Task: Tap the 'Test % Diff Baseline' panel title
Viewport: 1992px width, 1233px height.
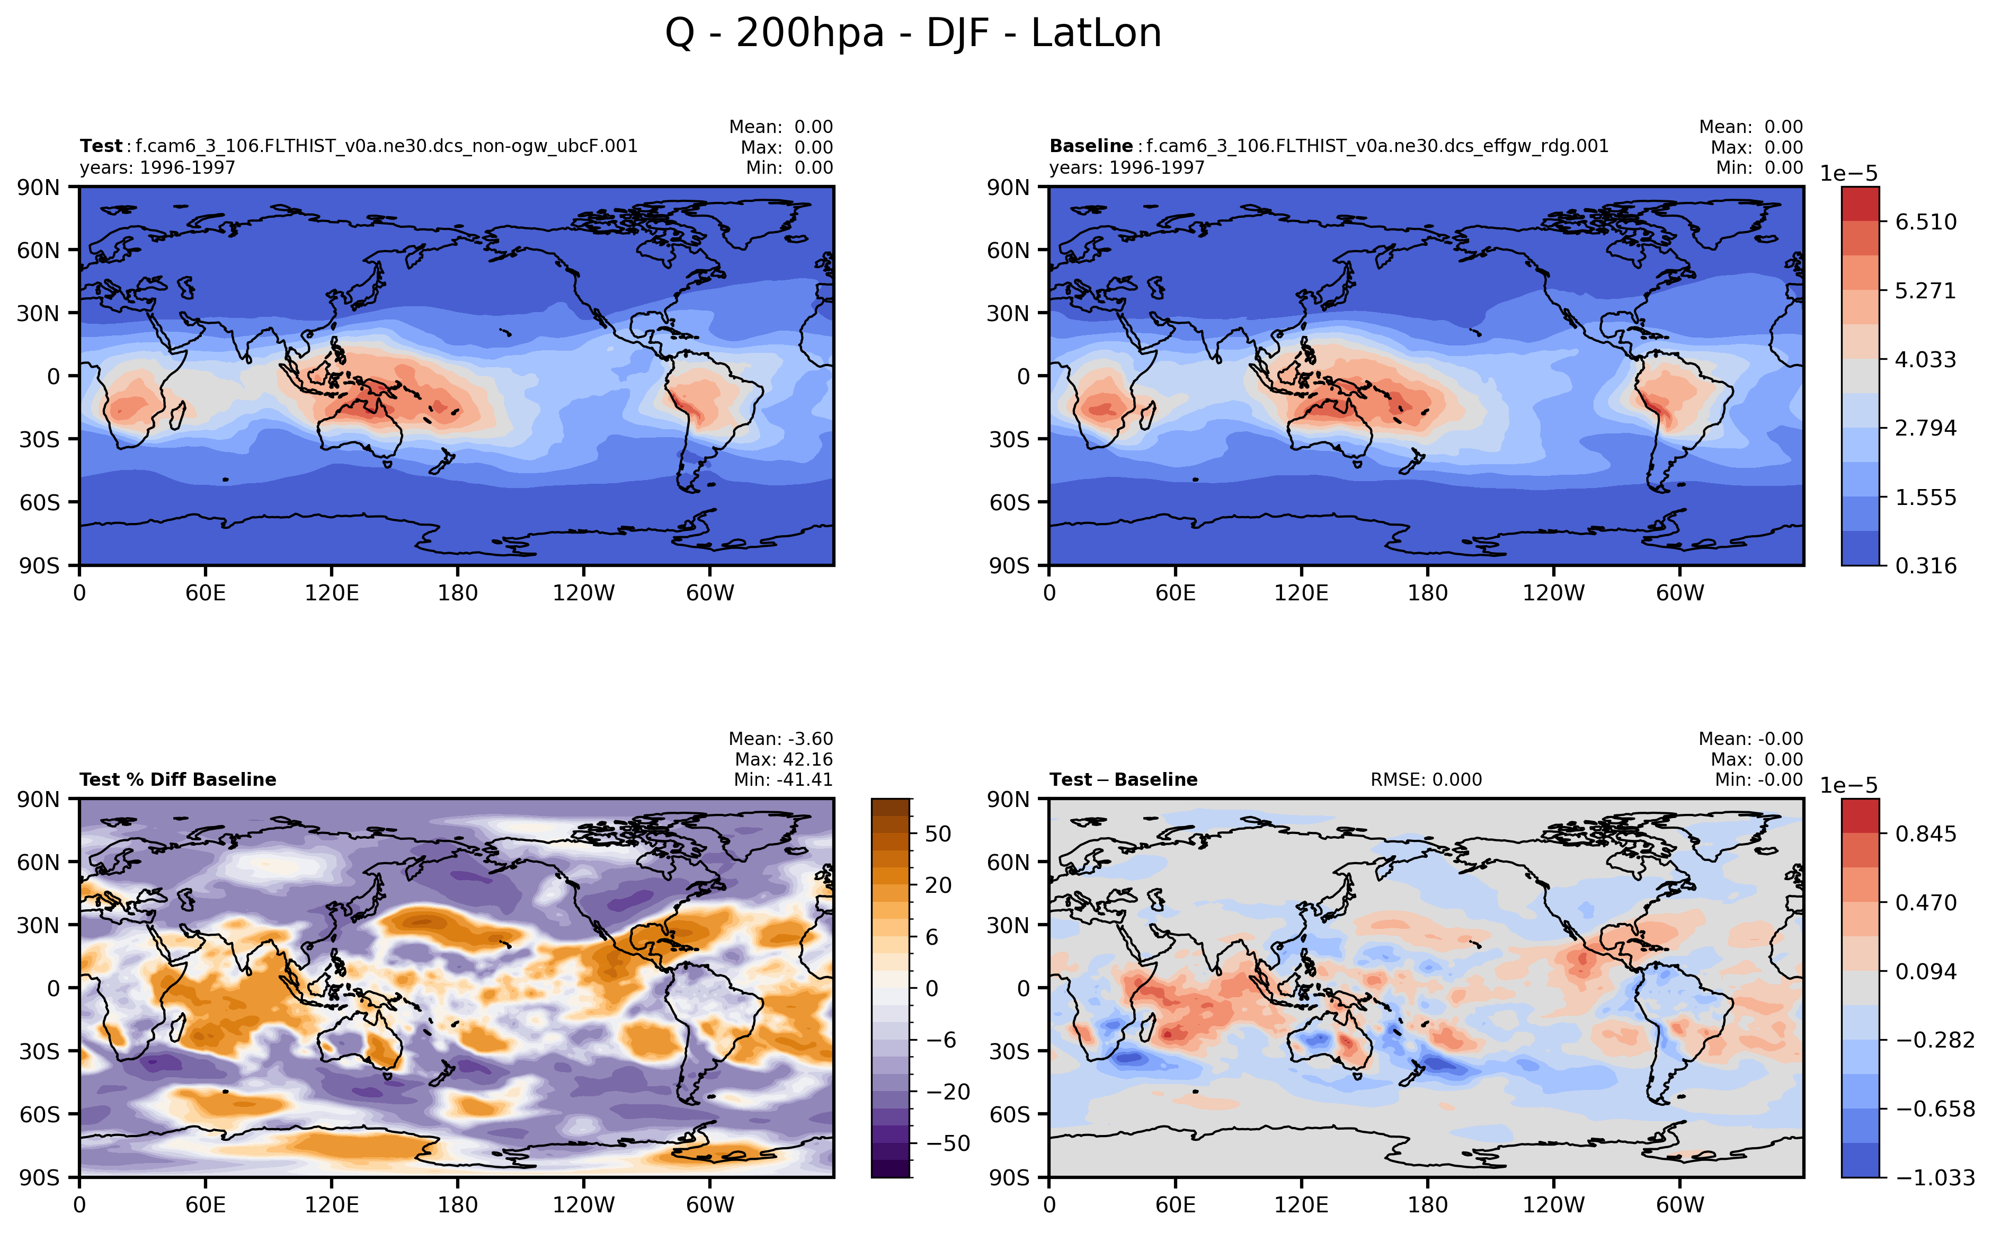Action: [x=178, y=779]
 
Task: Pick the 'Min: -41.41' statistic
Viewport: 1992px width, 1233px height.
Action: [x=783, y=779]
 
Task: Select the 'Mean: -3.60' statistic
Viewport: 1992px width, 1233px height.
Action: [x=780, y=739]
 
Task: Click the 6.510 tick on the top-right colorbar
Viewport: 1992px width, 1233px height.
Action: [x=1924, y=222]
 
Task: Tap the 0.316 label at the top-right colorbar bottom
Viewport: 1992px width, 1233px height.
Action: [x=1924, y=566]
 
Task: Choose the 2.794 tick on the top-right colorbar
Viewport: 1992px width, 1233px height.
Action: [x=1924, y=428]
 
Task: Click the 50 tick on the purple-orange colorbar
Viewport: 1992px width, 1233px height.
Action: [x=938, y=833]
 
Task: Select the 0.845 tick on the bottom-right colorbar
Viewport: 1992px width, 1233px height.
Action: [x=1924, y=833]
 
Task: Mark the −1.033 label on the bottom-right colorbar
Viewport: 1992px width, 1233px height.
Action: [x=1934, y=1177]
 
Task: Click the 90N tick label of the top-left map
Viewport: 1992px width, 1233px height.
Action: [x=38, y=188]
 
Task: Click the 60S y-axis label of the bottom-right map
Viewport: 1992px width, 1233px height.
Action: [x=1009, y=1114]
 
